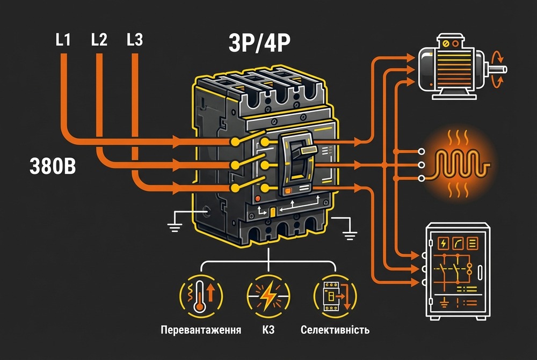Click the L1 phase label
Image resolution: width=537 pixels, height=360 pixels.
coord(63,40)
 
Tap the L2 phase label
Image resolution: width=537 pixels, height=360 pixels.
coord(99,40)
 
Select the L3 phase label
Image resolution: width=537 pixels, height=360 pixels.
coord(135,40)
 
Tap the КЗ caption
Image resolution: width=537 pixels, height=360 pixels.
coord(268,329)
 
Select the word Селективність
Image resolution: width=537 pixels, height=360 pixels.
coord(335,329)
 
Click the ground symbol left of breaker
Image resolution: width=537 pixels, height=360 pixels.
coord(174,227)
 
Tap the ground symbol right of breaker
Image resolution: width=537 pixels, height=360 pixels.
coord(350,232)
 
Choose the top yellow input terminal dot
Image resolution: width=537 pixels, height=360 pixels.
coord(234,141)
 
